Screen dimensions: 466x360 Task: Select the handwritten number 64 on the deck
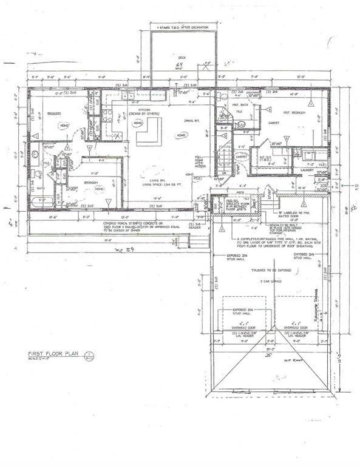pyautogui.click(x=179, y=65)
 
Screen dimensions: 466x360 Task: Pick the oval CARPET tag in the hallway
pyautogui.click(x=241, y=156)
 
